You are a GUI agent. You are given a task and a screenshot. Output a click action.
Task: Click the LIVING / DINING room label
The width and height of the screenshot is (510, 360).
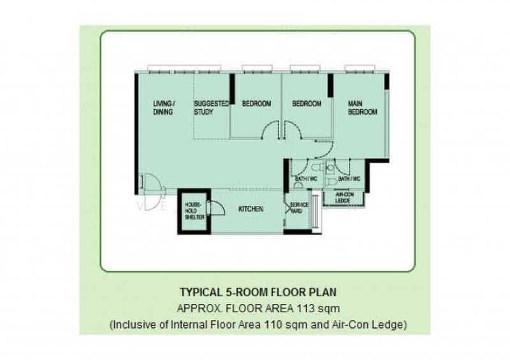164,108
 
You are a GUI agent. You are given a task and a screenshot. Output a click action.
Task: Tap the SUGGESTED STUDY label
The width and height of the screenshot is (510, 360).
212,108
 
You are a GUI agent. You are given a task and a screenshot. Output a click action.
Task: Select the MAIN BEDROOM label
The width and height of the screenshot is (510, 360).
362,108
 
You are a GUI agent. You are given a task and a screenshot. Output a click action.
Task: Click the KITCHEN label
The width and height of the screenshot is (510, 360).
251,209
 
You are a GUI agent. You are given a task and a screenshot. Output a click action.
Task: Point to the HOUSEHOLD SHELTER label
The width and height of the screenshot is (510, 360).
194,211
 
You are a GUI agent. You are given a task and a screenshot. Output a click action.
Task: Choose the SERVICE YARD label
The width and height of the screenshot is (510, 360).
299,208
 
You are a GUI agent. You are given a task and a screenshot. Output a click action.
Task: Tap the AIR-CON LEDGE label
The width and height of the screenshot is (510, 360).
344,198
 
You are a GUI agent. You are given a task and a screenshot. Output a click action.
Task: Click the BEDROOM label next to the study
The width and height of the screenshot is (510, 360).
256,104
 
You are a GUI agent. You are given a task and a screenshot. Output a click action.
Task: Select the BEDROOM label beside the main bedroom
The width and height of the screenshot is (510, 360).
307,104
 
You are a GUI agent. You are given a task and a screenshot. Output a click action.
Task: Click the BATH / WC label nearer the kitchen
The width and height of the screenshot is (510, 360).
306,179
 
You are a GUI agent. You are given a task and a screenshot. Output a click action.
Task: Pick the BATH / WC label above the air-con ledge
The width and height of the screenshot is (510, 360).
349,179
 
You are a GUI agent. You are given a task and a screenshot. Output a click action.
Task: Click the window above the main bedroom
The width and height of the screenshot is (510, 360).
360,68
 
